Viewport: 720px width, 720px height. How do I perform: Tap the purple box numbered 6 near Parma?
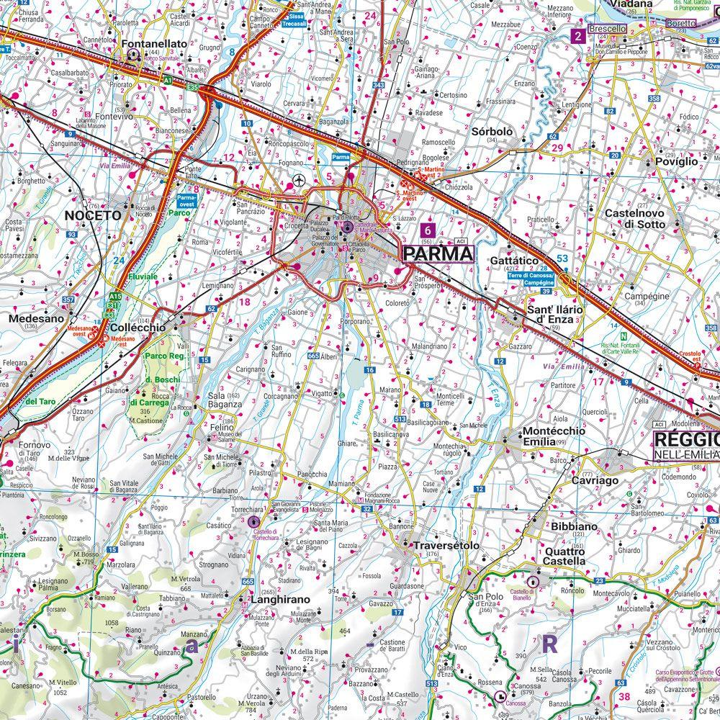click(x=429, y=230)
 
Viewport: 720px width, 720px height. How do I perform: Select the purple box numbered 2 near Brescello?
click(x=577, y=36)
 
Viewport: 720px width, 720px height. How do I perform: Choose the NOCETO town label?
click(x=93, y=215)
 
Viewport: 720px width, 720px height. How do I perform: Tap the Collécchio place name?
click(x=138, y=327)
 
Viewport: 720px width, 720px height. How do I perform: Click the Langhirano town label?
click(x=280, y=599)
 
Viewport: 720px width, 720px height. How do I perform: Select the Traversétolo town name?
click(x=446, y=546)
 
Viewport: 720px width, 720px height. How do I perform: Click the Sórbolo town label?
click(x=492, y=132)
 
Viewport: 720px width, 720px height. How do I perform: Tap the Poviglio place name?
click(x=676, y=162)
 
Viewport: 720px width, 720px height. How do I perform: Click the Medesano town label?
click(x=33, y=318)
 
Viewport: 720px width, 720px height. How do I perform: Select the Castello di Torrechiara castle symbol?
click(x=253, y=521)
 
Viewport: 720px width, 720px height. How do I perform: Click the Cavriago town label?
click(x=595, y=480)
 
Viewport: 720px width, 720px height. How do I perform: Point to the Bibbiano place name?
click(x=575, y=527)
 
